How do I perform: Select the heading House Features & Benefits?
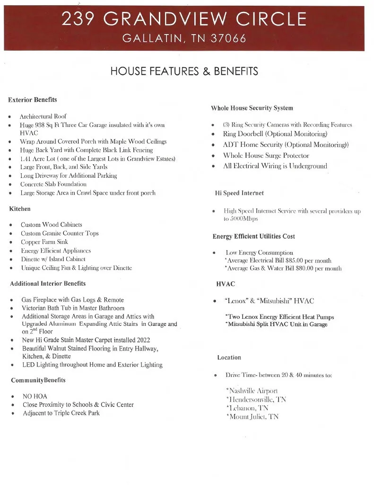[184, 72]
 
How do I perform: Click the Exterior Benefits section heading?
[32, 100]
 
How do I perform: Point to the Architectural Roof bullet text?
[43, 116]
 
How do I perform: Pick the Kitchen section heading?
[19, 208]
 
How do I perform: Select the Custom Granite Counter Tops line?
[60, 234]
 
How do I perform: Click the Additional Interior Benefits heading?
[48, 284]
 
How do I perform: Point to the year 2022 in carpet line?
[143, 340]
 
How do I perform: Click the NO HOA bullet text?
[35, 396]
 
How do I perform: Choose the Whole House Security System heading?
[252, 108]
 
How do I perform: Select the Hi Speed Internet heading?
[239, 193]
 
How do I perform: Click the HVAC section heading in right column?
[226, 284]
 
